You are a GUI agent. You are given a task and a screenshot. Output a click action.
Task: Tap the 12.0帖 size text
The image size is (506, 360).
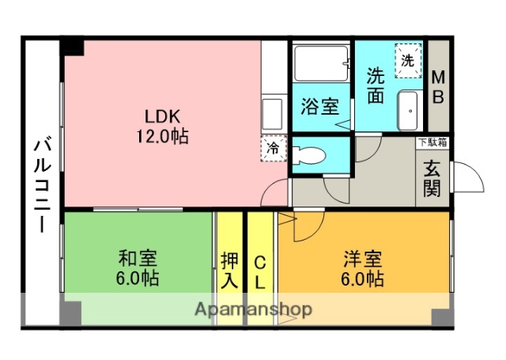161,136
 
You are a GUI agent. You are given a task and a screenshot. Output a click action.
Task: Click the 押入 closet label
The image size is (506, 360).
230,270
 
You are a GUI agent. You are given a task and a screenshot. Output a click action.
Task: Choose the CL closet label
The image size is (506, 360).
259,270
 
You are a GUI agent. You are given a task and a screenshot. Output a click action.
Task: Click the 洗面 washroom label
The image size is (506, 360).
376,85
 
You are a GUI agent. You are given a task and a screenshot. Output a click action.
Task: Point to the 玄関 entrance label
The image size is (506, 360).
432,179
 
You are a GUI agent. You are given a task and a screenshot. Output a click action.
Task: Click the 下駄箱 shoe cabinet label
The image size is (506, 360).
432,143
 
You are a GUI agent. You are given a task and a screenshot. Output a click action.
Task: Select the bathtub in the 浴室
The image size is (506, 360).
321,63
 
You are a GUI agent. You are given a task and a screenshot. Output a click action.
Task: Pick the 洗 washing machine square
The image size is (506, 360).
408,60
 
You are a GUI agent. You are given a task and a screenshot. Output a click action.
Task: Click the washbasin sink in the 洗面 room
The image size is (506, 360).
409,113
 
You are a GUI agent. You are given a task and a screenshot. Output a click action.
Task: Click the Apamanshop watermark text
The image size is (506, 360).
252,309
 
